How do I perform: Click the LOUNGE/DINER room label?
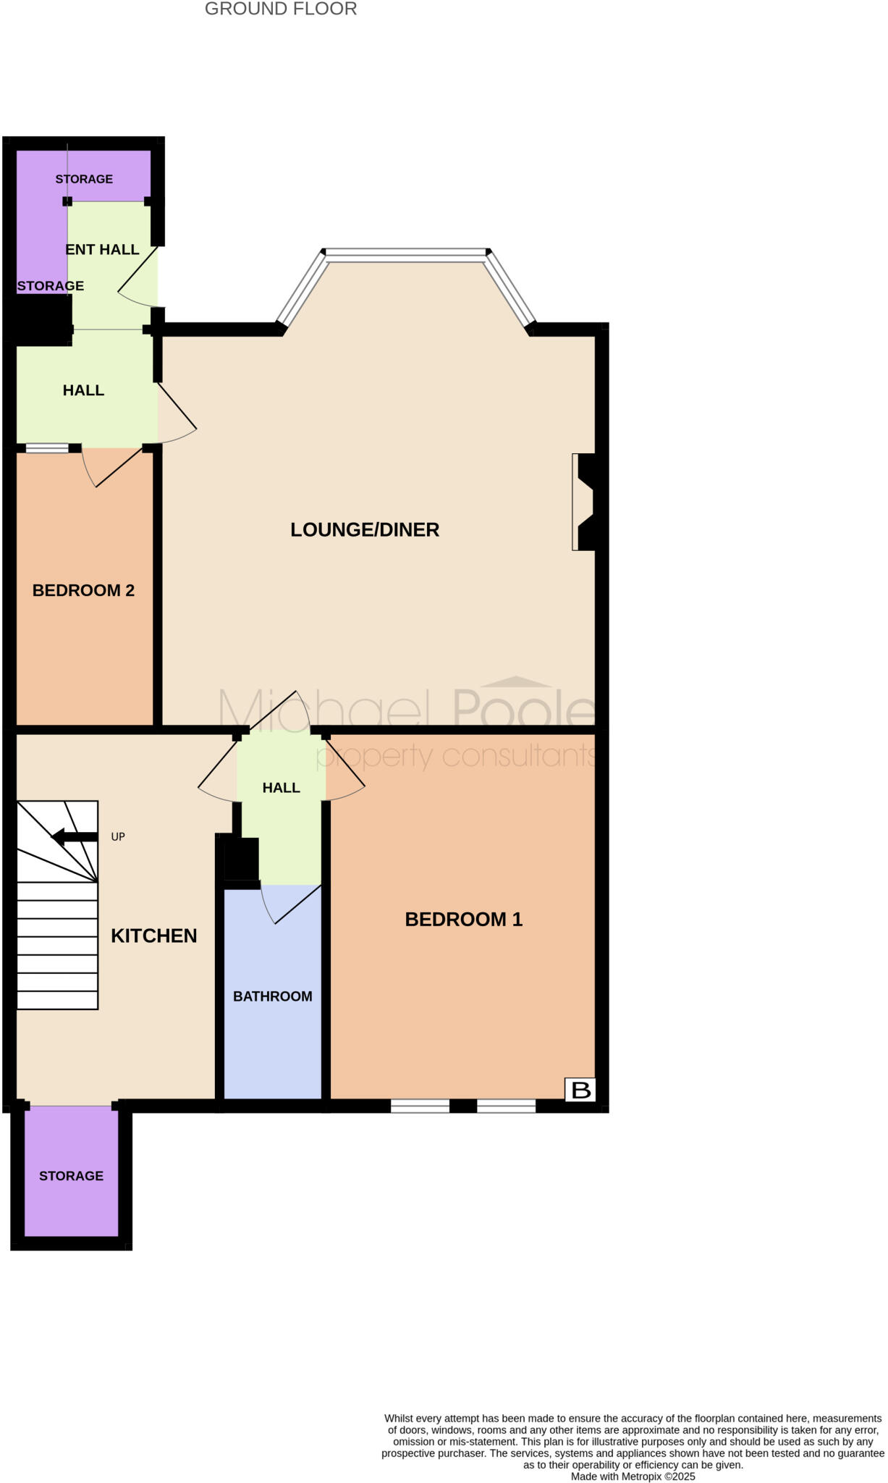click(365, 530)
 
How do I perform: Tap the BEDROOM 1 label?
click(463, 920)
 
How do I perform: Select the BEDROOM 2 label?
click(83, 591)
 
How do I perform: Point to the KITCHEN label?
click(153, 936)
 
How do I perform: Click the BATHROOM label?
click(272, 996)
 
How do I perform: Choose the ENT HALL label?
click(102, 250)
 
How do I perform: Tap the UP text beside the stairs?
click(118, 837)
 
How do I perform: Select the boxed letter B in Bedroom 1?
click(581, 1090)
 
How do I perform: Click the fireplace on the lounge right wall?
click(583, 502)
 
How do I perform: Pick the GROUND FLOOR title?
click(281, 9)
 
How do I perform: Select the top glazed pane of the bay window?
click(406, 254)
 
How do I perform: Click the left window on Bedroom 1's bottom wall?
click(420, 1106)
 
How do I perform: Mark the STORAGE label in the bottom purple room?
click(71, 1176)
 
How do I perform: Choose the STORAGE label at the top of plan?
click(84, 180)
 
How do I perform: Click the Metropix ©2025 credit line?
click(633, 1476)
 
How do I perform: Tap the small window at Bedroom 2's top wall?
click(47, 448)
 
